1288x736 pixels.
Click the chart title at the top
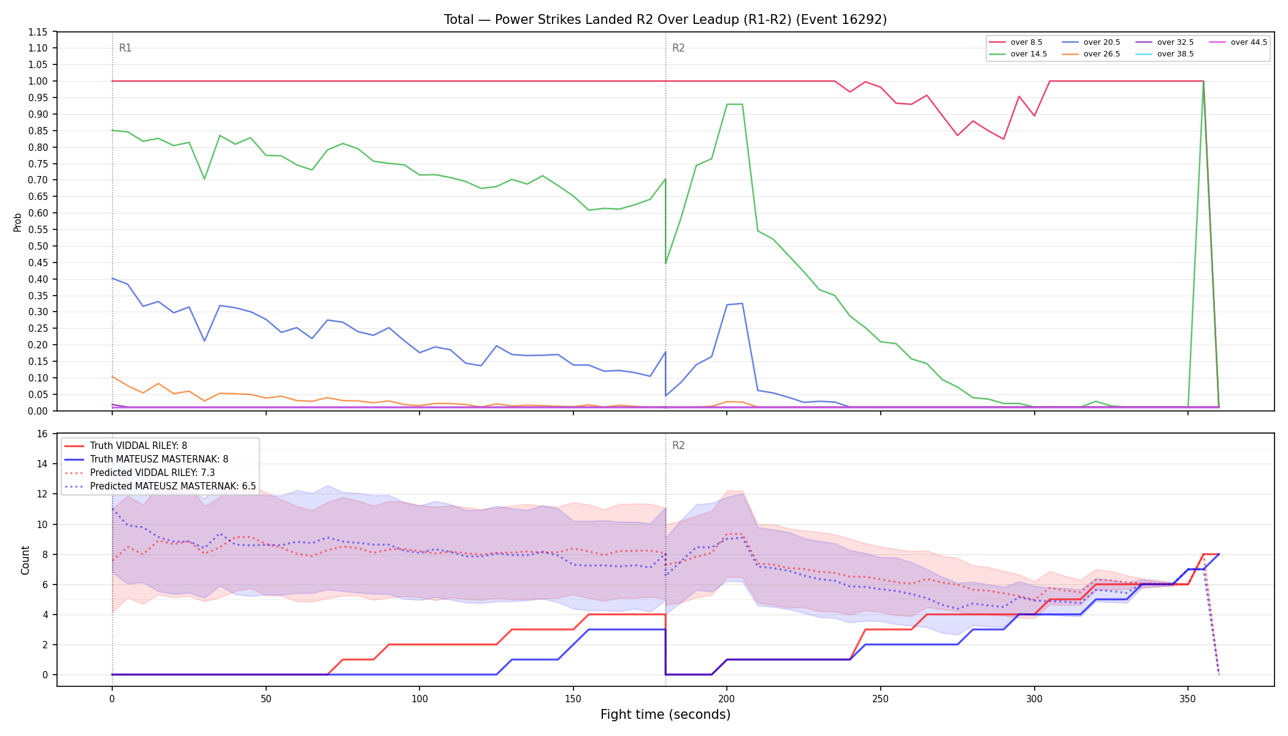click(x=665, y=20)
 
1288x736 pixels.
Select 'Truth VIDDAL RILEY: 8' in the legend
click(x=126, y=446)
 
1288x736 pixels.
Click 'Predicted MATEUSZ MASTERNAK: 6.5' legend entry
click(x=160, y=486)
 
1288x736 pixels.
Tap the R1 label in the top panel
click(x=125, y=48)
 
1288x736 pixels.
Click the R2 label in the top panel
click(x=678, y=48)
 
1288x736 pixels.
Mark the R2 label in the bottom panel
click(x=678, y=445)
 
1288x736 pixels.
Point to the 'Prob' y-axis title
click(x=17, y=222)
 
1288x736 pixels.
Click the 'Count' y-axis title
click(x=25, y=560)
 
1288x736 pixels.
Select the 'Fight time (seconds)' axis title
click(x=665, y=715)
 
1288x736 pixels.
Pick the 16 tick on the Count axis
click(x=42, y=434)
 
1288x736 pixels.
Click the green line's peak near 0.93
click(x=735, y=104)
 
